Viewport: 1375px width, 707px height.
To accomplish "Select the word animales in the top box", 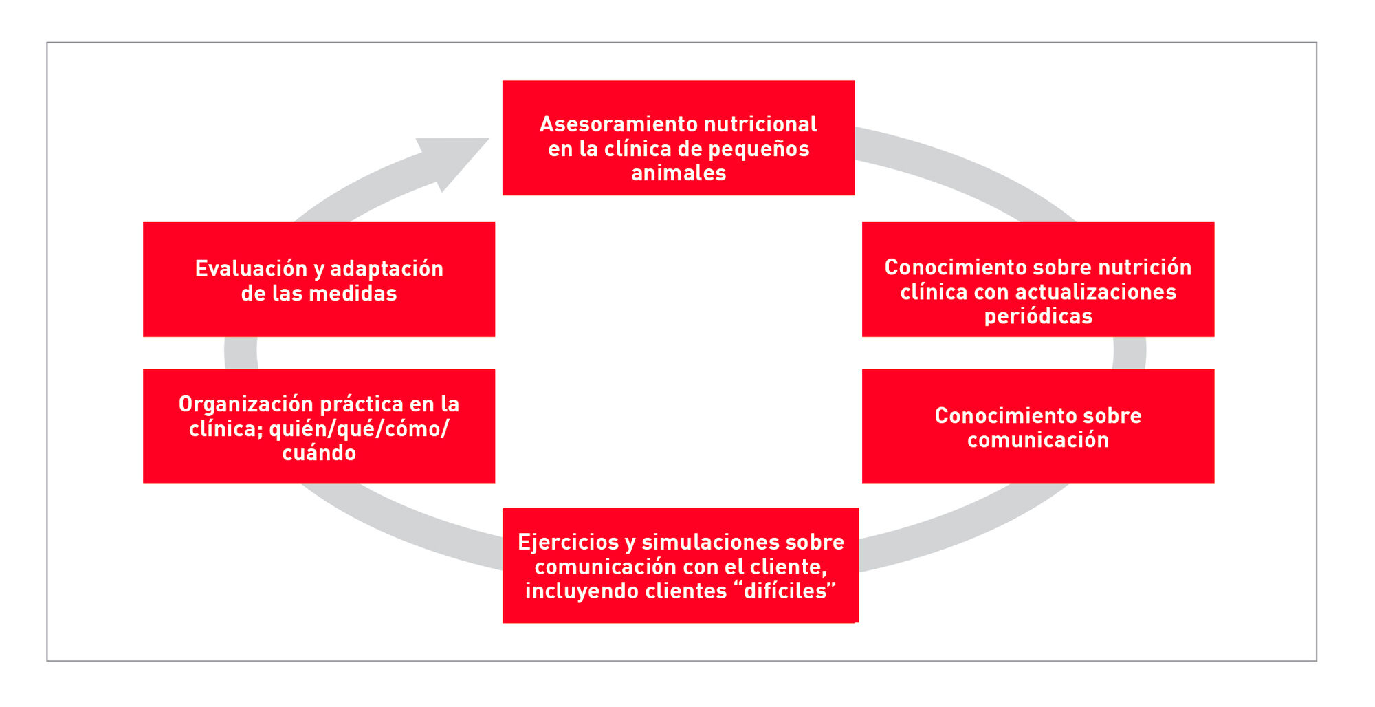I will pos(679,173).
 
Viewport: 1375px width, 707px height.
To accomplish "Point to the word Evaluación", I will pos(250,269).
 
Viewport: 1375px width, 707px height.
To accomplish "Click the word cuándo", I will pos(319,453).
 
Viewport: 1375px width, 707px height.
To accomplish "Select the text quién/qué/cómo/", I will pos(359,429).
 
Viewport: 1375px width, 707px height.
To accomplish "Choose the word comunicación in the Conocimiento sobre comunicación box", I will pos(1037,440).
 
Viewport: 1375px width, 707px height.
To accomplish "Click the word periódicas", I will pos(1037,316).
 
